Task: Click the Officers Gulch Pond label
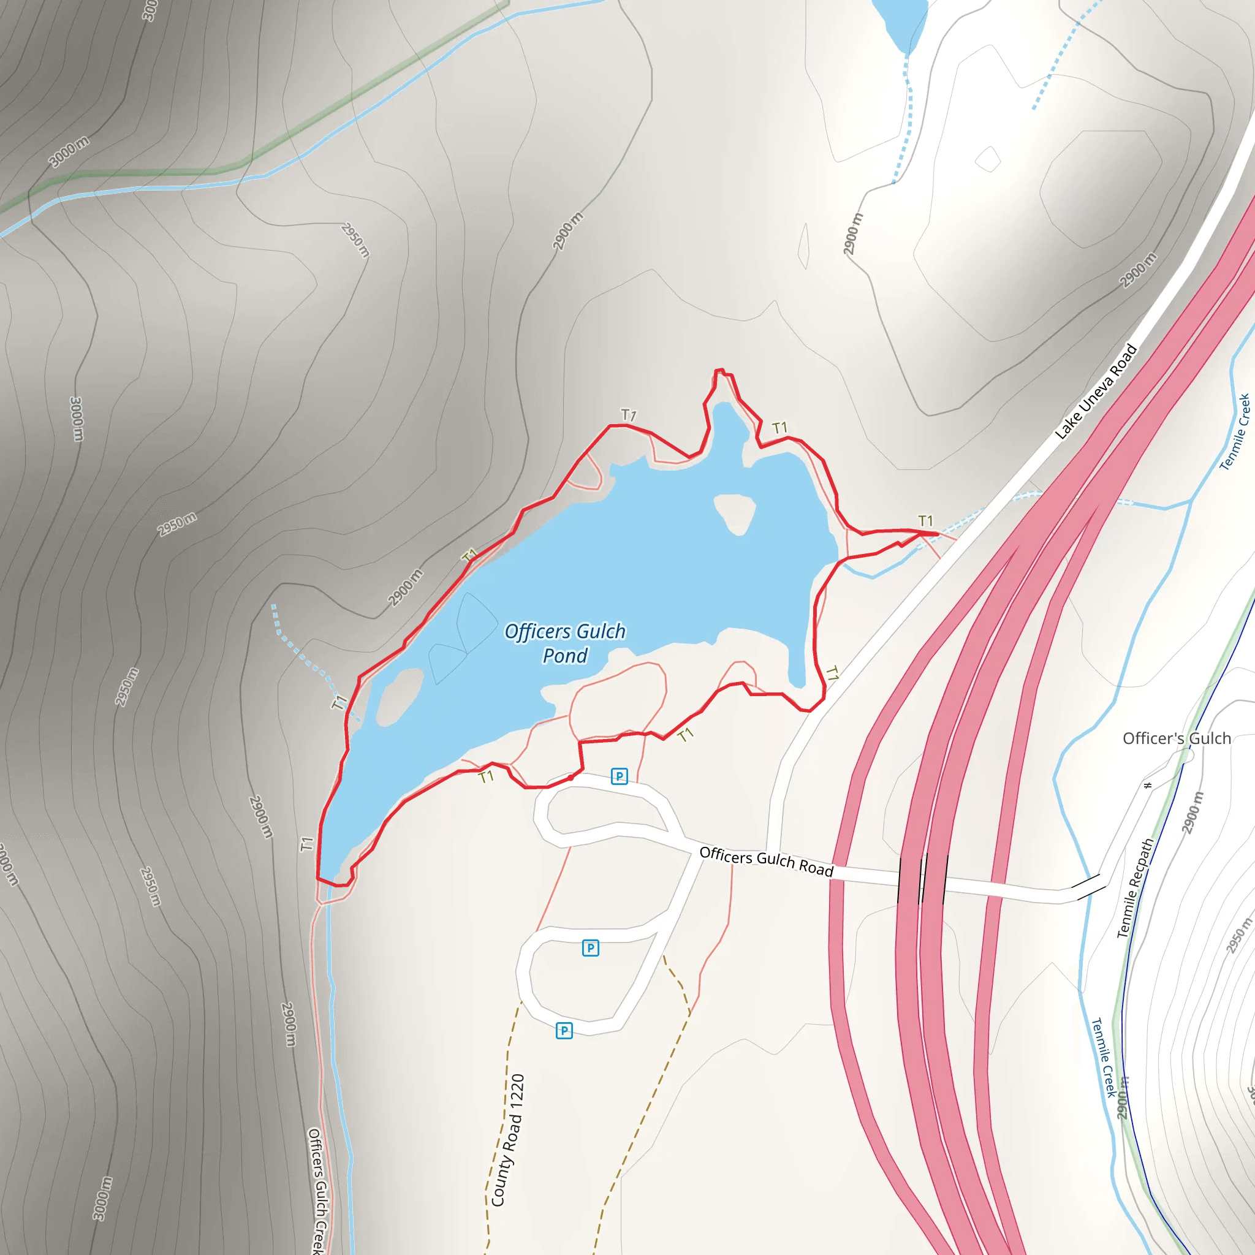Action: coord(564,643)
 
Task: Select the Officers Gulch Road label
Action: coord(766,862)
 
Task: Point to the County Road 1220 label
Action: coord(508,1140)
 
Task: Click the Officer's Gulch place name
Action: coord(1177,738)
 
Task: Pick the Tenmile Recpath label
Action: coord(1135,888)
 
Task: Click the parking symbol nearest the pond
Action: coord(619,776)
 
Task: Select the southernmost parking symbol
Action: coord(564,1030)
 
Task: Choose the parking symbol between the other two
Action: coord(590,948)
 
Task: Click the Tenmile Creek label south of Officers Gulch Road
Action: coord(1102,1057)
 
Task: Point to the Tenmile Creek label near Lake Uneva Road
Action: coord(1234,431)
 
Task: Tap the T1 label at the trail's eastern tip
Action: coord(925,520)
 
